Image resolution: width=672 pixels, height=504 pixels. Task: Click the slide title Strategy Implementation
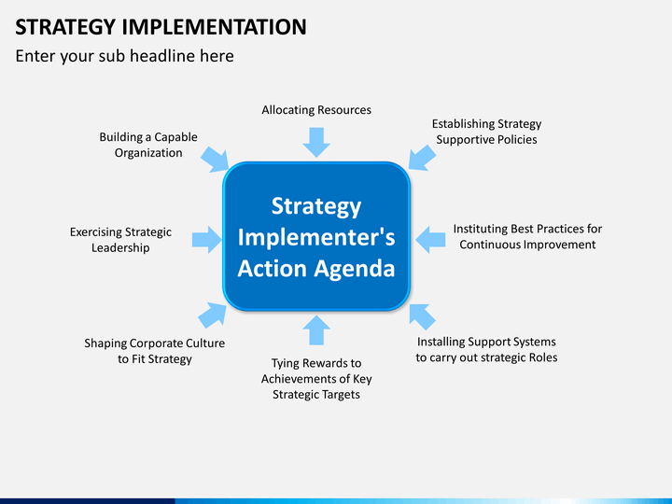(x=161, y=26)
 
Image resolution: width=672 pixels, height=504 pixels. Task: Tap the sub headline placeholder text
(x=124, y=56)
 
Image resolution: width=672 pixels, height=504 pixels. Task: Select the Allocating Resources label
(x=316, y=110)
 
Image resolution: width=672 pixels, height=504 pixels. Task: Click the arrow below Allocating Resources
(x=316, y=142)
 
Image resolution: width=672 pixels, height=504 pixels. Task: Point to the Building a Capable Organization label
(x=148, y=145)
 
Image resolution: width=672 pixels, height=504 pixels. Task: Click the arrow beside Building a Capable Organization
(x=215, y=160)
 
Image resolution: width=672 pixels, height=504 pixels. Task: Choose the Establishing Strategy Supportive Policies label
(x=486, y=132)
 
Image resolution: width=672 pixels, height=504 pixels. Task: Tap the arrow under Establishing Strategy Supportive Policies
(x=422, y=158)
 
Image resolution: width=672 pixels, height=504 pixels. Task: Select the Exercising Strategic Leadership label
(x=120, y=240)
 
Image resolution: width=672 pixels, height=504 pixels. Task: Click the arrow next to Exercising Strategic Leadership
(x=207, y=240)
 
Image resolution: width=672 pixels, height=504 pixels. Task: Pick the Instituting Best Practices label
(x=527, y=236)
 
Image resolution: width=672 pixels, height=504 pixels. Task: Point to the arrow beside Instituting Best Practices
(x=430, y=240)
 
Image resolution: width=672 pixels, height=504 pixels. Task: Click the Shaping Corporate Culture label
(x=154, y=351)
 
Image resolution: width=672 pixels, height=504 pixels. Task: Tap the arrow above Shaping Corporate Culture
(x=213, y=315)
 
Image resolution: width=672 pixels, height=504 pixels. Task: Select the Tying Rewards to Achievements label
(x=316, y=379)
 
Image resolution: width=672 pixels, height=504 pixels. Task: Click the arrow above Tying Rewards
(x=316, y=330)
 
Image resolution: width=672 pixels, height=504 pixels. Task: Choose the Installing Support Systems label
(x=486, y=350)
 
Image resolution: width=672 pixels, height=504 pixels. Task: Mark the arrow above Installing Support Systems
(x=422, y=316)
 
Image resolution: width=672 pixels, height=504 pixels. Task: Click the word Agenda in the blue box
(x=354, y=269)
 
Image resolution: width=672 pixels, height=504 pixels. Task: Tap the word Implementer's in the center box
(x=316, y=237)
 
